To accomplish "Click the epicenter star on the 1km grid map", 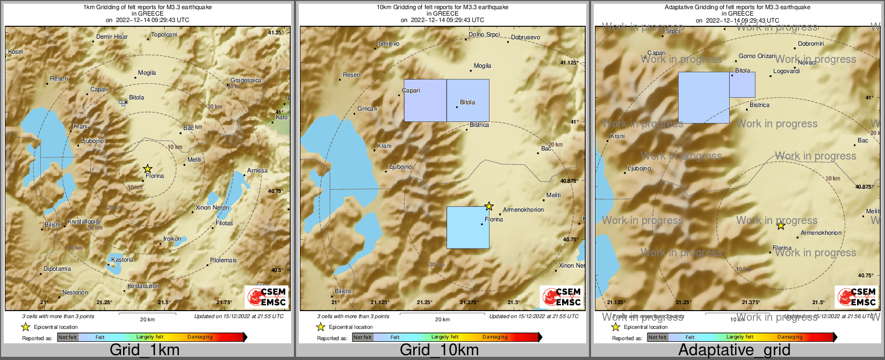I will coord(148,169).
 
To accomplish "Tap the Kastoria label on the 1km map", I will coord(123,260).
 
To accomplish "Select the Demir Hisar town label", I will coord(112,37).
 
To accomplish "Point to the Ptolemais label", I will coord(223,261).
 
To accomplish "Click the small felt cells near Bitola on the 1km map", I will coord(123,102).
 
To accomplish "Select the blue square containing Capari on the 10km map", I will coord(425,100).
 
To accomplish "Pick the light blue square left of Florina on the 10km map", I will coord(468,227).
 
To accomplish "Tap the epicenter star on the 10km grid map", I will coord(489,206).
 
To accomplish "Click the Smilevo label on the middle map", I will coord(388,44).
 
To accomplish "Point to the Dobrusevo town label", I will coord(526,38).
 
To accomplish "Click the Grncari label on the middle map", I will coord(367,109).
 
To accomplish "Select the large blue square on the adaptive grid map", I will coord(703,97).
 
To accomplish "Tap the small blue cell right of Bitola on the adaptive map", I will coord(742,85).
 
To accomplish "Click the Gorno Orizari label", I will coord(757,56).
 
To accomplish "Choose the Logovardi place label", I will coord(786,71).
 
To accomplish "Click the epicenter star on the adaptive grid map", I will coord(781,226).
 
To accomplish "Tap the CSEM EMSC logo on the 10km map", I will coord(562,297).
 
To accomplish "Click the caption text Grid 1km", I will coord(145,350).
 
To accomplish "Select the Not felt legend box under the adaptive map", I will coord(657,337).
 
